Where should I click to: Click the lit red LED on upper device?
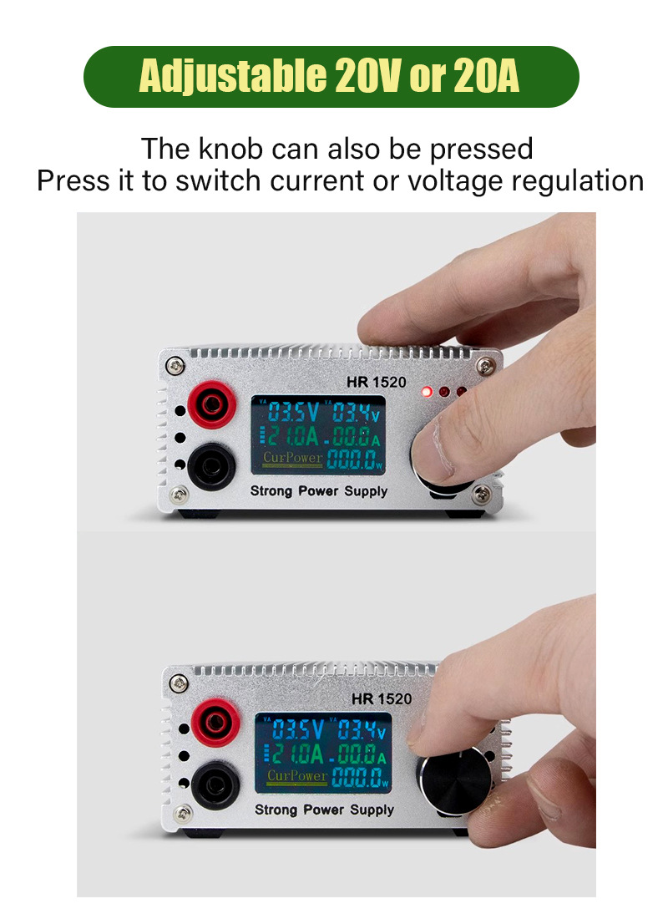pyautogui.click(x=428, y=391)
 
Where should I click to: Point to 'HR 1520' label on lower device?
pyautogui.click(x=382, y=698)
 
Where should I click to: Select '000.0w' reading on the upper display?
pyautogui.click(x=354, y=459)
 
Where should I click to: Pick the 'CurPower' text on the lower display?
pyautogui.click(x=296, y=777)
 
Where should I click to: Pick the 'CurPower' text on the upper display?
pyautogui.click(x=291, y=458)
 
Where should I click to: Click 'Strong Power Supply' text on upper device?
pyautogui.click(x=319, y=490)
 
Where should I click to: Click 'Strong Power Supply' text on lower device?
pyautogui.click(x=324, y=810)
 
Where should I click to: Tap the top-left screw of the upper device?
pyautogui.click(x=175, y=365)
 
